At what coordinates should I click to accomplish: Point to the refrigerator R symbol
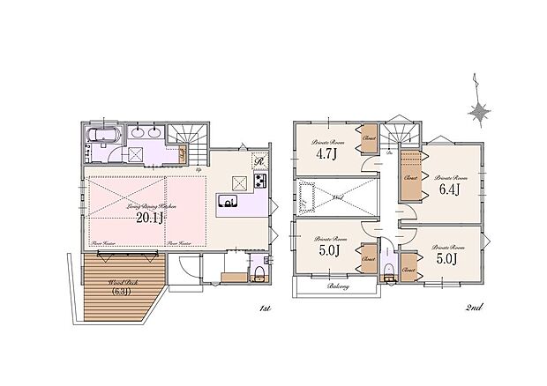point(259,161)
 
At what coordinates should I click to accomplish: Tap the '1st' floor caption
point(264,309)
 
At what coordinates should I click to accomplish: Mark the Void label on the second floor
point(338,200)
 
